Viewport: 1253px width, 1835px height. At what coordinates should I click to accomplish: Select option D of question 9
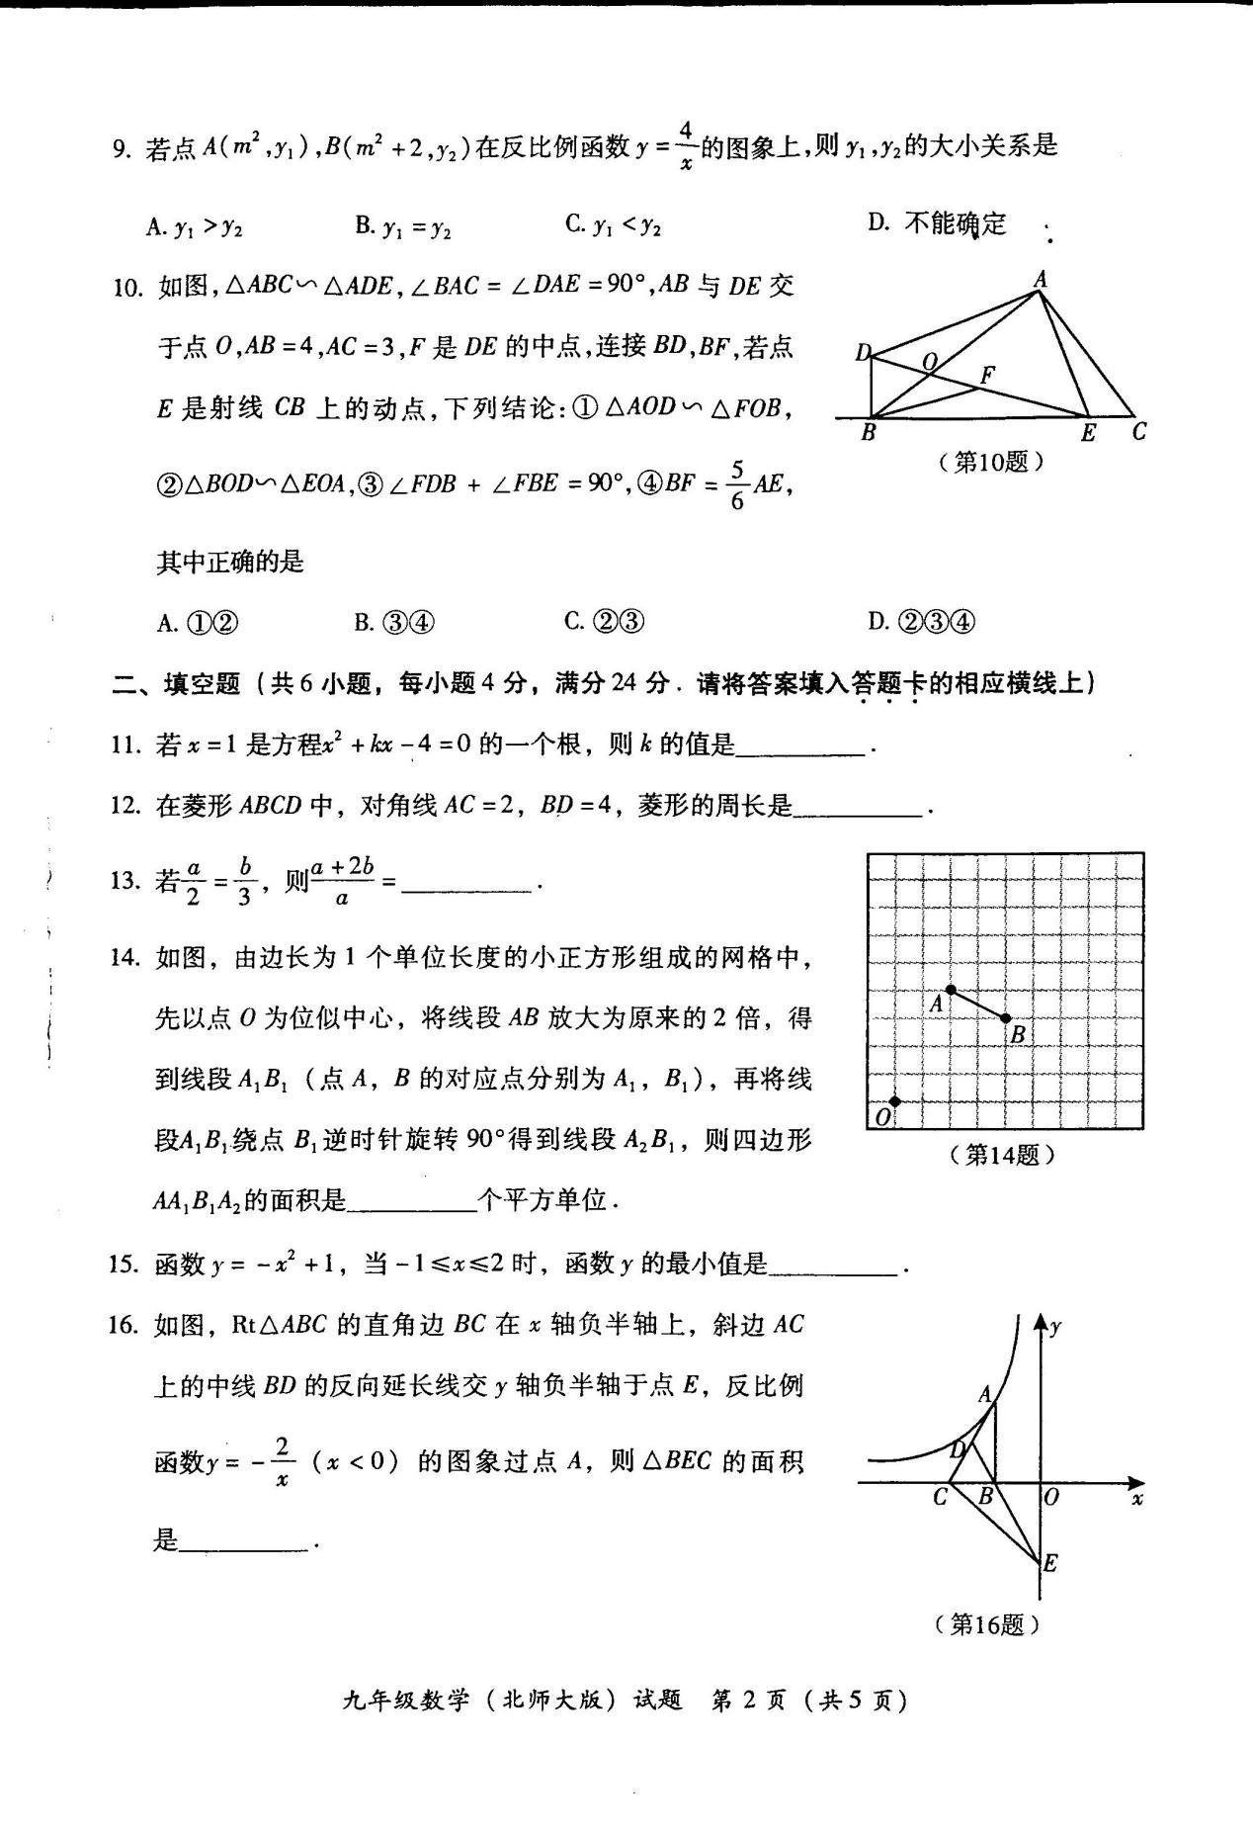pyautogui.click(x=936, y=224)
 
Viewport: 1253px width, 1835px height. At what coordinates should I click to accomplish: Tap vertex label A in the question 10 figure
pyautogui.click(x=1040, y=280)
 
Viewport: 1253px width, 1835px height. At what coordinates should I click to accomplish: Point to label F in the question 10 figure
pyautogui.click(x=986, y=374)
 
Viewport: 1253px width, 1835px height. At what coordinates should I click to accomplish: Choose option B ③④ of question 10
pyautogui.click(x=394, y=622)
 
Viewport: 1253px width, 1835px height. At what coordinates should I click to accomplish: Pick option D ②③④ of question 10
pyautogui.click(x=921, y=622)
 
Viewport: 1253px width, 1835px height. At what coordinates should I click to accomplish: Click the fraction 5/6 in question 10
pyautogui.click(x=736, y=483)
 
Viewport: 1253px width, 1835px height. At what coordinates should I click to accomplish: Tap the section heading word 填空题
pyautogui.click(x=202, y=683)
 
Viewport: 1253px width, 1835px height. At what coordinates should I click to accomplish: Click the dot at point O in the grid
pyautogui.click(x=895, y=1101)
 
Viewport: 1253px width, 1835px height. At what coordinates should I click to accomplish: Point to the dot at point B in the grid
pyautogui.click(x=1006, y=1018)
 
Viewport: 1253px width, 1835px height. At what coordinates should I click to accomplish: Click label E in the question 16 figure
pyautogui.click(x=1050, y=1563)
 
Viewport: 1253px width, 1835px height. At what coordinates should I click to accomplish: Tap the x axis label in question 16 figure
pyautogui.click(x=1137, y=1499)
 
